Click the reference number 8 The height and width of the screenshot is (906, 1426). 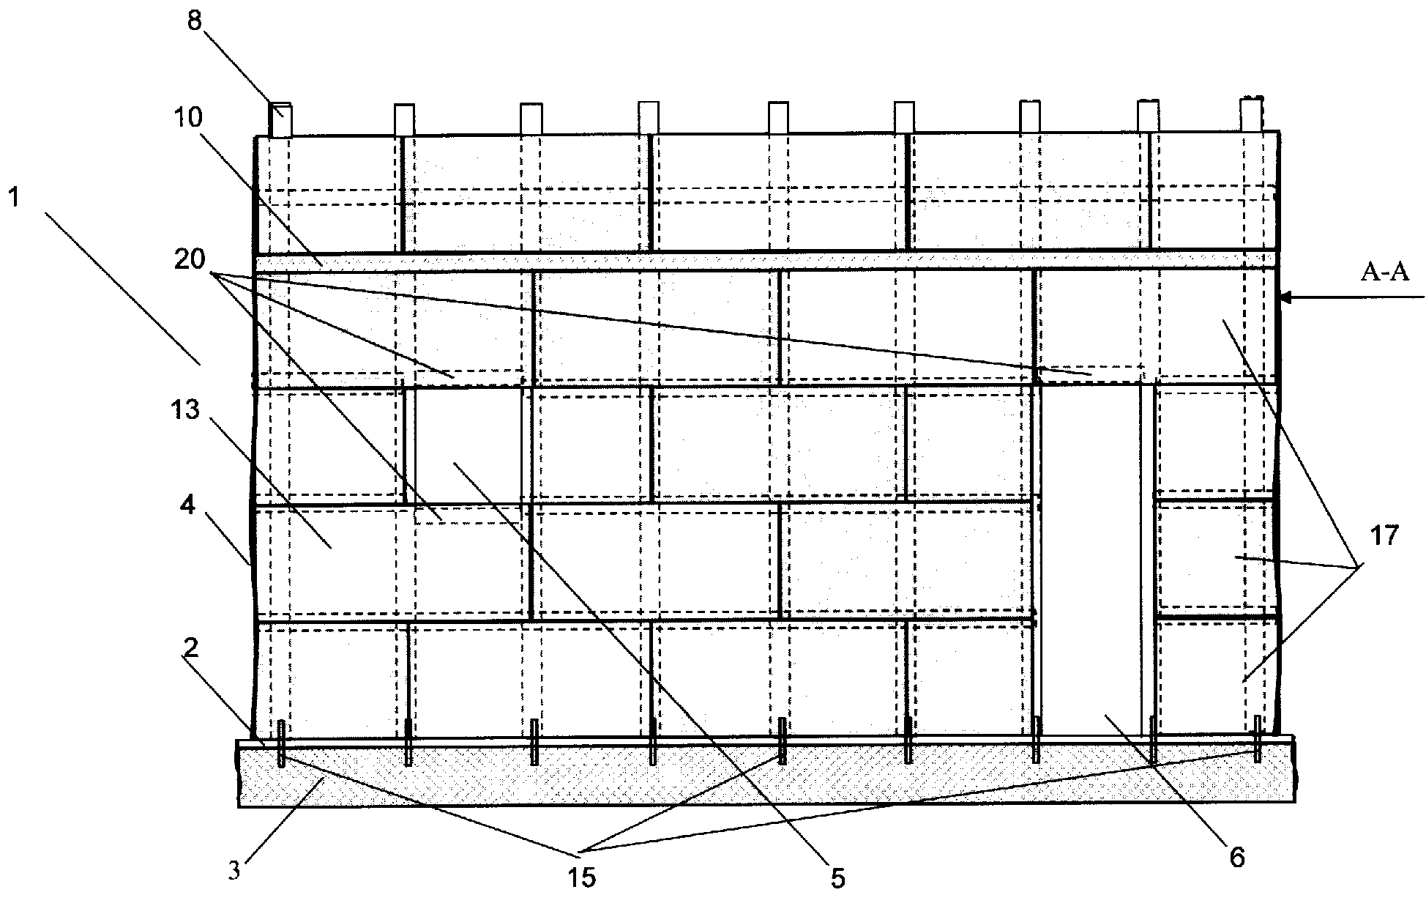194,21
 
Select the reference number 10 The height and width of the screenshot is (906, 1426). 188,117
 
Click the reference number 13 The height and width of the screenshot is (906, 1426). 186,411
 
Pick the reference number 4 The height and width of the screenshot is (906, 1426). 188,505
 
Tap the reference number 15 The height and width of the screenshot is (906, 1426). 582,877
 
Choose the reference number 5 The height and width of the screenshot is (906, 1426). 838,877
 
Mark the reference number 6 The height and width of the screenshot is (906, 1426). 1236,858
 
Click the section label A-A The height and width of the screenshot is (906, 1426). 1384,272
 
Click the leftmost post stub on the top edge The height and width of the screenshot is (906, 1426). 280,119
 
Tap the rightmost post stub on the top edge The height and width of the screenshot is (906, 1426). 1252,115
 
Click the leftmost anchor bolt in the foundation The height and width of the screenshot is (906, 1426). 281,743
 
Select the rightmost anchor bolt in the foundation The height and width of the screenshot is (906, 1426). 1258,739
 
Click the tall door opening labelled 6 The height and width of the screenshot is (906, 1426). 1091,557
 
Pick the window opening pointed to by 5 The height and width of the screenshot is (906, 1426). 467,445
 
